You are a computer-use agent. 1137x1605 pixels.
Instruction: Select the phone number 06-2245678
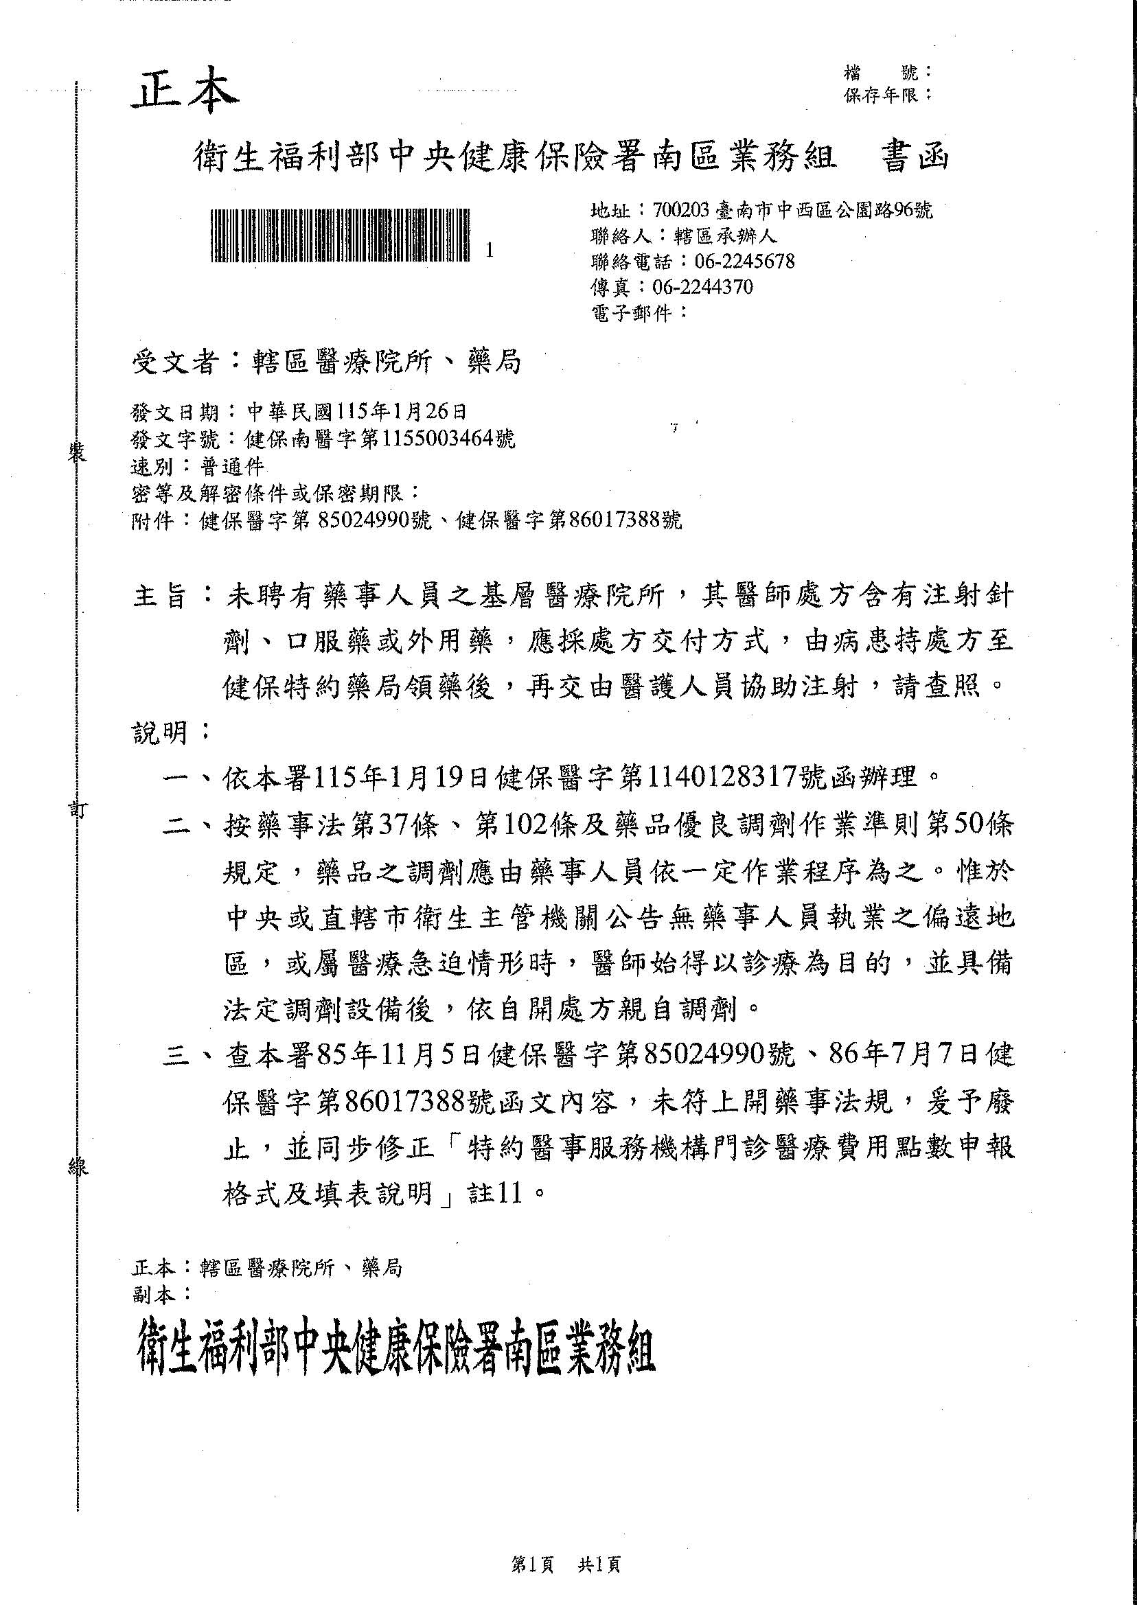pyautogui.click(x=744, y=262)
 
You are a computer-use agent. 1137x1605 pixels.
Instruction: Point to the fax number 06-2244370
pyautogui.click(x=702, y=287)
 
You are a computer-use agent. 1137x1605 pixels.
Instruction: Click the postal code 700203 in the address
pyautogui.click(x=680, y=210)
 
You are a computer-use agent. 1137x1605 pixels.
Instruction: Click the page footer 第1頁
pyautogui.click(x=533, y=1564)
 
